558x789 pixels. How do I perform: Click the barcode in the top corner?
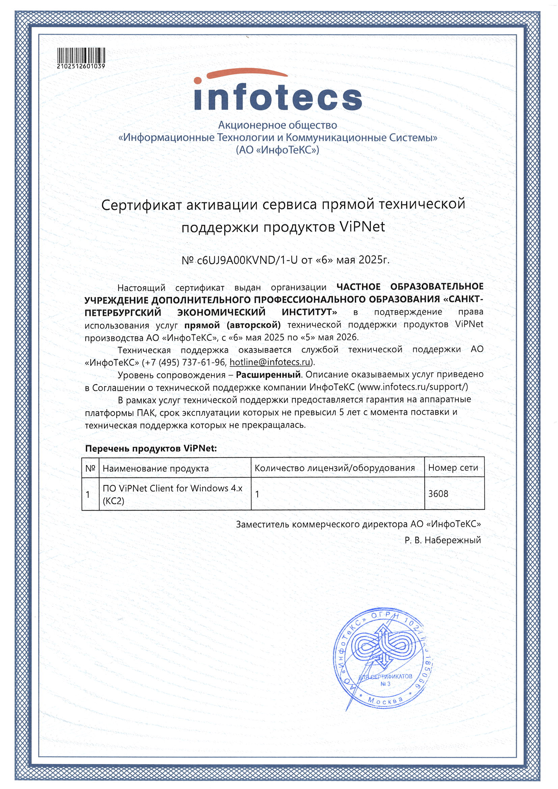coord(81,55)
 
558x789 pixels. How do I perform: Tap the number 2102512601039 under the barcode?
coord(81,66)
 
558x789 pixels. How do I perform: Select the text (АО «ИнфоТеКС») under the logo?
coord(277,150)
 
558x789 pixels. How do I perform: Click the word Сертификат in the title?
coord(141,205)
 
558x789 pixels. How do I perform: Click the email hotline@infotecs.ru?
coord(270,362)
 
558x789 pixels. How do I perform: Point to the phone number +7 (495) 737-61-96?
coord(184,362)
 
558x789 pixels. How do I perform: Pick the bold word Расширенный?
coord(268,375)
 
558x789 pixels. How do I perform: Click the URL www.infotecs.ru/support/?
coord(413,387)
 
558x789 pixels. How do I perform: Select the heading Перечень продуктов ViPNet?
coord(151,448)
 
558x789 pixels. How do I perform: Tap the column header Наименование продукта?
coord(155,468)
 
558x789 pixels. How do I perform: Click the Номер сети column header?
coord(453,468)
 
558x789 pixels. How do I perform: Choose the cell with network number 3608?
coord(438,494)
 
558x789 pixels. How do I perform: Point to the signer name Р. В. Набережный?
coord(443,540)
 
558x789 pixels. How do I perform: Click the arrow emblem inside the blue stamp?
coord(382,645)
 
